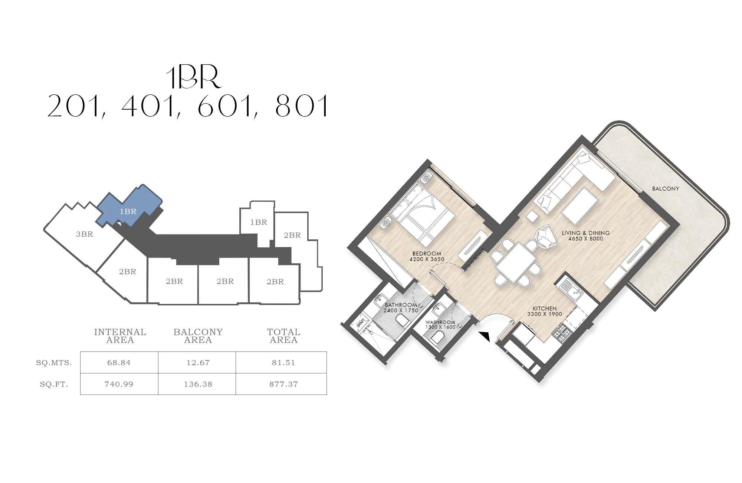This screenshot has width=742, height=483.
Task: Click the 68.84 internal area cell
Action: (119, 363)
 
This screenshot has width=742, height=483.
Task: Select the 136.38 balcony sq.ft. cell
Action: (198, 384)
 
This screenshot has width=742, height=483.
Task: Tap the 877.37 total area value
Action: (283, 384)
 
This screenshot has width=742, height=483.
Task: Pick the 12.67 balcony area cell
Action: (198, 363)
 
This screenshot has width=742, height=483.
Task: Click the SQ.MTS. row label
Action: (54, 363)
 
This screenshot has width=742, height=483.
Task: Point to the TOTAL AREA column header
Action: (284, 336)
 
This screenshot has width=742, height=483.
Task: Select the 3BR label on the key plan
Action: (85, 234)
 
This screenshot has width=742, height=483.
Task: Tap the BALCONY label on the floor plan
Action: (666, 189)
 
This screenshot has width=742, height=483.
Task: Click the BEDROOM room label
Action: (427, 254)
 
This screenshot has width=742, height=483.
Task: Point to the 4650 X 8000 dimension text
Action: (586, 239)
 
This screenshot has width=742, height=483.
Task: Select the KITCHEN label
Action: (545, 308)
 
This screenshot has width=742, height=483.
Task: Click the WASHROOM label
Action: (440, 322)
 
